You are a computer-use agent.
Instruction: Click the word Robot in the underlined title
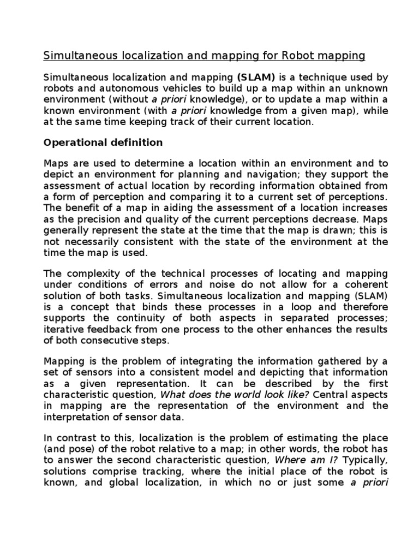303,56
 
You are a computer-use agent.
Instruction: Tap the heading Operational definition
103,142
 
